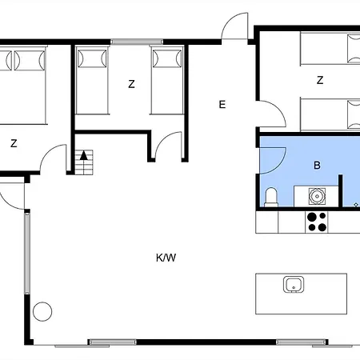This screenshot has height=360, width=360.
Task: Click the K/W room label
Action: (166, 258)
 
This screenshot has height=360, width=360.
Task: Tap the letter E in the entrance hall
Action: (222, 104)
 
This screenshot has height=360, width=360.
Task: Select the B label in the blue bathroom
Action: (317, 166)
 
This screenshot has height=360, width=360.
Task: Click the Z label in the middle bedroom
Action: (131, 83)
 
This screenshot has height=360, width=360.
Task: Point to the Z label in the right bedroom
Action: (320, 80)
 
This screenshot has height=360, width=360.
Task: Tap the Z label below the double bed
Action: (14, 144)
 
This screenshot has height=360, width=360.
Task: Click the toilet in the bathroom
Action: (270, 196)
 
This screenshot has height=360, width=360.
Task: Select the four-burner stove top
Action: (317, 222)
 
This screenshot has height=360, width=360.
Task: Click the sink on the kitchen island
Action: (292, 284)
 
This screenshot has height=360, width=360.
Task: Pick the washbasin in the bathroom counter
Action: (317, 195)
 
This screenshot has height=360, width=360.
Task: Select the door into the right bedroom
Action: (273, 114)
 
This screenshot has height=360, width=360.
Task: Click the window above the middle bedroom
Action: (131, 42)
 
